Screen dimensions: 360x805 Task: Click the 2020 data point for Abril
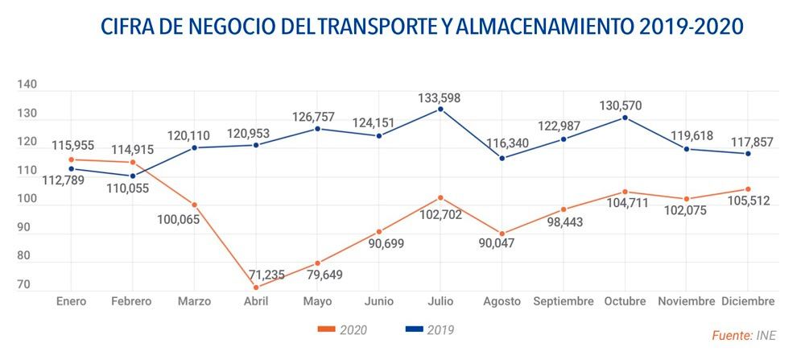point(256,288)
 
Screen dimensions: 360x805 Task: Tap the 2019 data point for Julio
point(440,109)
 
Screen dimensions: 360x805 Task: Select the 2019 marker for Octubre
point(625,118)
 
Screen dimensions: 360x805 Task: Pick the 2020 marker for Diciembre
point(749,189)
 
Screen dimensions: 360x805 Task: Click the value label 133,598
point(440,97)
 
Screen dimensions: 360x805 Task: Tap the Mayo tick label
point(317,301)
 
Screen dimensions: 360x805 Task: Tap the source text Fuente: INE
point(745,336)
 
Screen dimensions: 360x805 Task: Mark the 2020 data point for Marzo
point(194,205)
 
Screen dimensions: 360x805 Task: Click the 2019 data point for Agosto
point(502,158)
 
